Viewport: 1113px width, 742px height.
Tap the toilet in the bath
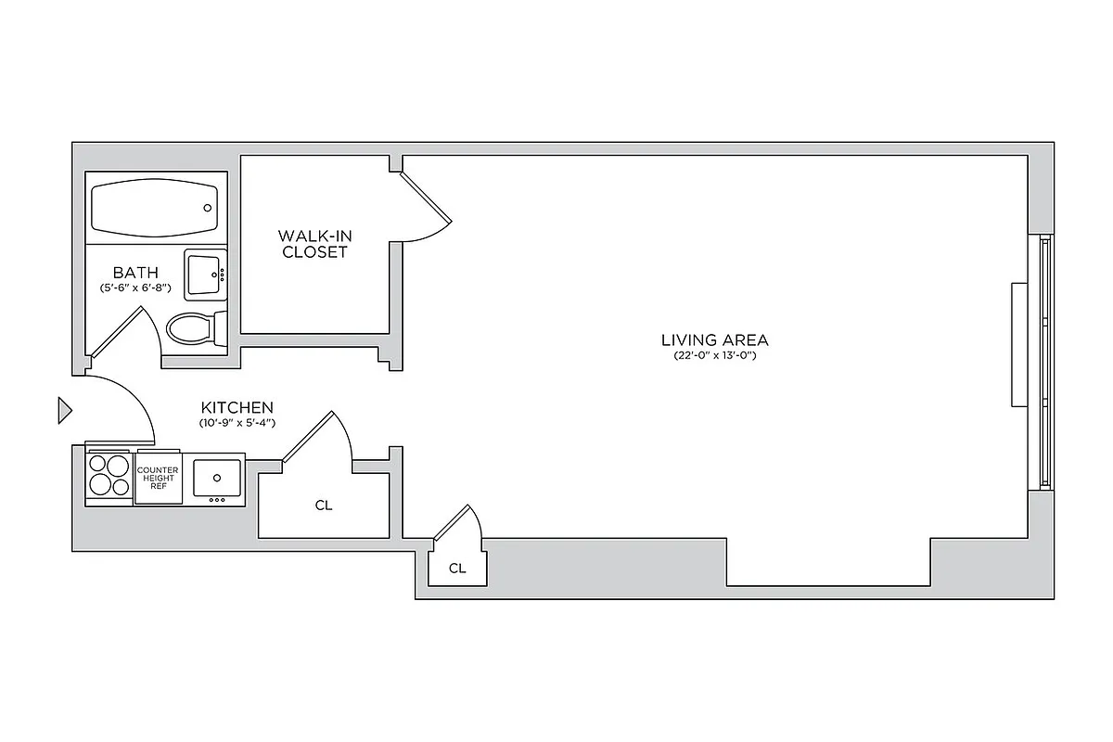coord(192,327)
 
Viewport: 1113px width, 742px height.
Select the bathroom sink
coord(205,274)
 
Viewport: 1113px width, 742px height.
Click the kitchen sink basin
coord(217,479)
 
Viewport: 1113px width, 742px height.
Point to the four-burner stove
coord(109,475)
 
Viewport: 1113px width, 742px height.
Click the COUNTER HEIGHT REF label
coord(158,477)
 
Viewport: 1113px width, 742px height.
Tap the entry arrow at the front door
coord(64,410)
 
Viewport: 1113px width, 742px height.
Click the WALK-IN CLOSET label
coord(314,244)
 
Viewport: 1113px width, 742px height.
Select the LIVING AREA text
coord(714,340)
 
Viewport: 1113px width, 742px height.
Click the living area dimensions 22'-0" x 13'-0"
coord(714,356)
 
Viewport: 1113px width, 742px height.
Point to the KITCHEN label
coord(237,407)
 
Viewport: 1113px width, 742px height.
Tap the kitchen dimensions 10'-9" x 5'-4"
coord(237,423)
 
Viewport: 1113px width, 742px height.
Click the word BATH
coord(135,273)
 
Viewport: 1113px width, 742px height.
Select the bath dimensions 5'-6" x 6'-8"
coord(135,288)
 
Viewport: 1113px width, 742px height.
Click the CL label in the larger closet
coord(323,505)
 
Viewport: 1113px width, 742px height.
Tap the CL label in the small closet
coord(456,569)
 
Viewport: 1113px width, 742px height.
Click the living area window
coord(1045,362)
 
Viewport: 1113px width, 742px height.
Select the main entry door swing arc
coord(130,394)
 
